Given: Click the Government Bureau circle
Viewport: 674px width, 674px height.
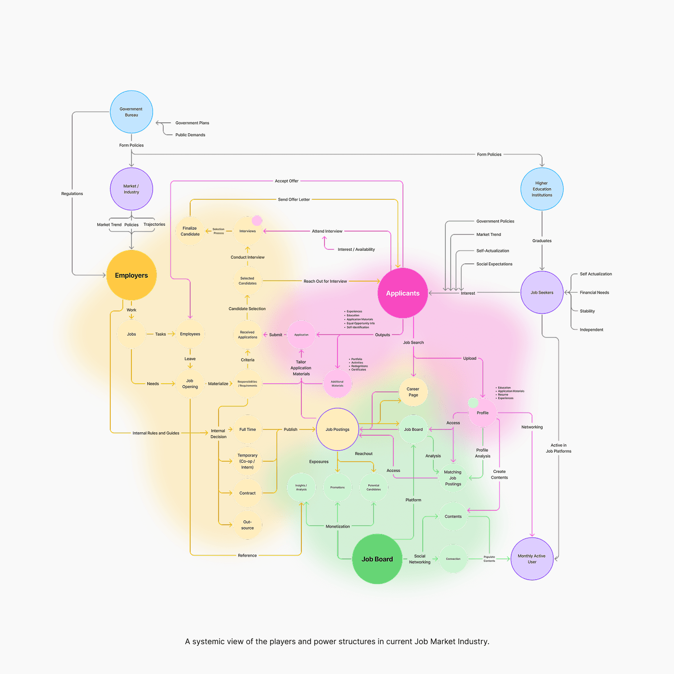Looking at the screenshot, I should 131,112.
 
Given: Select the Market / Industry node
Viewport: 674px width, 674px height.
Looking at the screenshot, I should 131,189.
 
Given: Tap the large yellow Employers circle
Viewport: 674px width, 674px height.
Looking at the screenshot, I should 131,275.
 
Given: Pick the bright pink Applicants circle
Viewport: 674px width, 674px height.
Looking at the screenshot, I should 403,293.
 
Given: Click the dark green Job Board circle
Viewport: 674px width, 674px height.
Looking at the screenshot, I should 377,559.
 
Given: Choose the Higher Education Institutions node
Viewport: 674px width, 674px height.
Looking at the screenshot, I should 542,189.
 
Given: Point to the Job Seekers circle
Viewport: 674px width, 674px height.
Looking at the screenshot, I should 542,293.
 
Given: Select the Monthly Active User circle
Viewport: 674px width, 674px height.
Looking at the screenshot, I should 532,559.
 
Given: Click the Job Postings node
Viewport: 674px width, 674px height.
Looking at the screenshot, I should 337,429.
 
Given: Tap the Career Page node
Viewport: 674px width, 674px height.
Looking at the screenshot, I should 413,392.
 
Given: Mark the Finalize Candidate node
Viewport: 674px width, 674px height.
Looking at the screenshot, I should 190,231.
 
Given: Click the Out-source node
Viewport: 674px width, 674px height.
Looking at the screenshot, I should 247,525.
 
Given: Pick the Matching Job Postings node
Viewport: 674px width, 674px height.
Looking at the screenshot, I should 453,478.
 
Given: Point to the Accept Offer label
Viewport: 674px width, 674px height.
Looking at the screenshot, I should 287,181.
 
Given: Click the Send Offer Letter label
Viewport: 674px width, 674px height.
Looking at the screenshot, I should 294,199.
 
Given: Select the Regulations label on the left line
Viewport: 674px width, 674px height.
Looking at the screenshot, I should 72,194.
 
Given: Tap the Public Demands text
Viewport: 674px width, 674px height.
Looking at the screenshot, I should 190,135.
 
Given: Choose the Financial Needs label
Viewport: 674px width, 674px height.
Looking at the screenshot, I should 595,293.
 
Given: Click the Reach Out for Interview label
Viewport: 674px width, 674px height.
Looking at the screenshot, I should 325,281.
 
